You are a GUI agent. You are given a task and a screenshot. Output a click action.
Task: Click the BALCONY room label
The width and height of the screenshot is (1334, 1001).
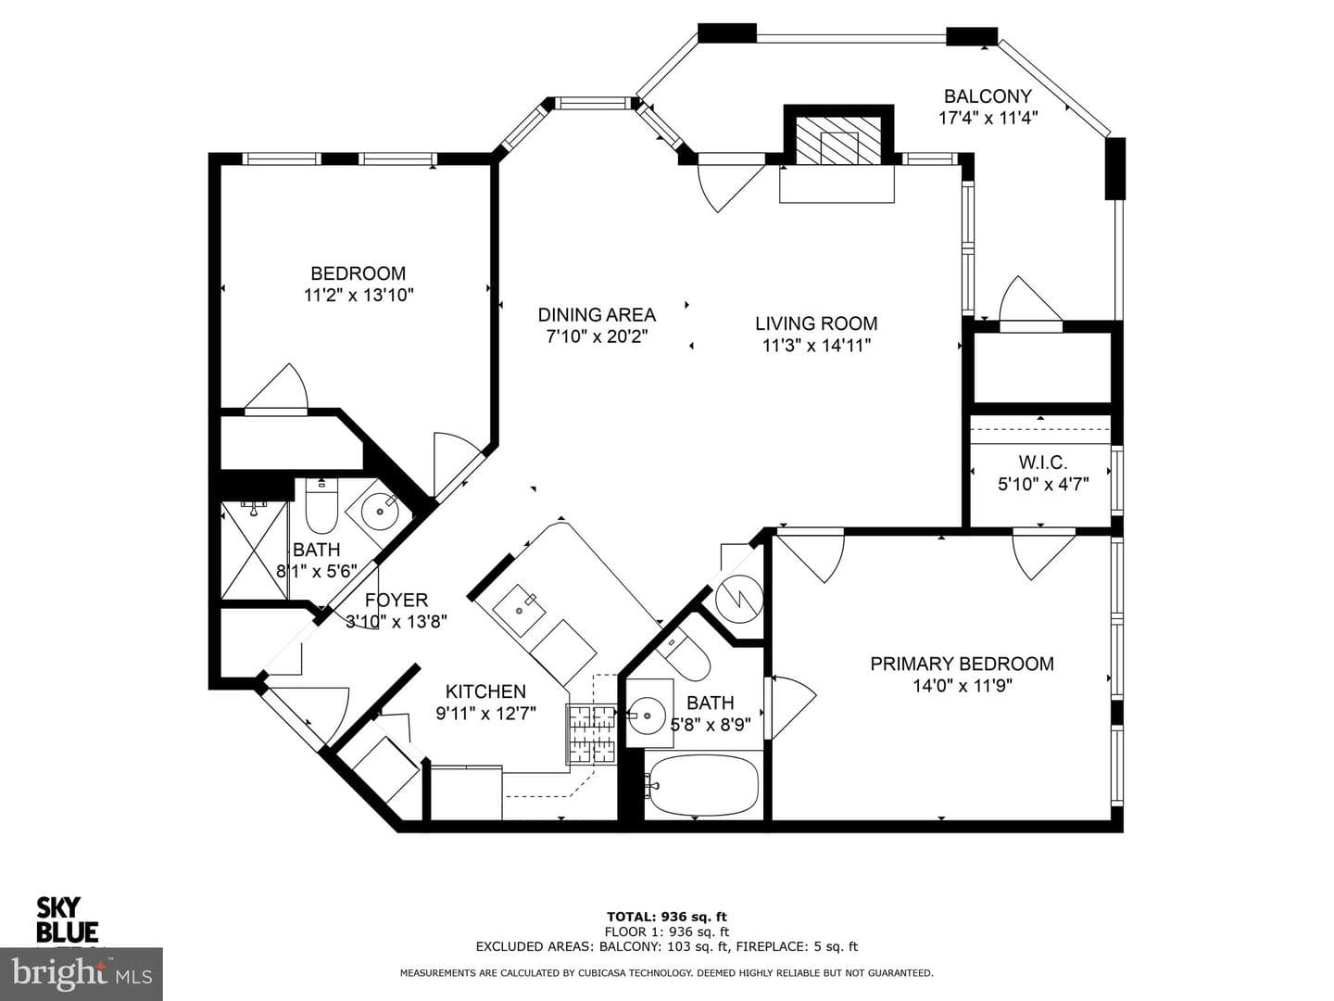pos(988,96)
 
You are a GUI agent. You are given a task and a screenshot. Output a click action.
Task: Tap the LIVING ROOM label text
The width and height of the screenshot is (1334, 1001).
pos(816,323)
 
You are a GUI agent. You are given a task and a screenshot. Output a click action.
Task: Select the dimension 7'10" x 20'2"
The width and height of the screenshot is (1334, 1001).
pos(597,336)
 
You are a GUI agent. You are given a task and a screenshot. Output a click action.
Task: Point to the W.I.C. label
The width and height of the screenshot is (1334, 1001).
pos(1043,462)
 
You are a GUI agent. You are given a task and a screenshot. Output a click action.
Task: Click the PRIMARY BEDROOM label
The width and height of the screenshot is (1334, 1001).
pos(963,664)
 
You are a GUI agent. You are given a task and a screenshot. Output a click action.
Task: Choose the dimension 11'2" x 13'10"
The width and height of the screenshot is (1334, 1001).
pos(359,296)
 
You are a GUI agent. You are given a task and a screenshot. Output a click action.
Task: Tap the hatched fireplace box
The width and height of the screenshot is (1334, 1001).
pos(838,140)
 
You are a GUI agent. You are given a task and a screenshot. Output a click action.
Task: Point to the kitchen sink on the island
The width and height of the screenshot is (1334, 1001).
pos(519,610)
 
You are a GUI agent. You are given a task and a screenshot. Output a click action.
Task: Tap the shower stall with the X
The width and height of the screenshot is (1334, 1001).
pos(254,550)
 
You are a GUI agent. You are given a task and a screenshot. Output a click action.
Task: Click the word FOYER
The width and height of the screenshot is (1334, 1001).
pos(396,600)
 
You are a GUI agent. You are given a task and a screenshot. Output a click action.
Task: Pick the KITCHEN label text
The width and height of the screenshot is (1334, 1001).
pos(485,691)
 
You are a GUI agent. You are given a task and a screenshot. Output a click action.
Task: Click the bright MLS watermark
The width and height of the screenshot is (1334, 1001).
pos(82,974)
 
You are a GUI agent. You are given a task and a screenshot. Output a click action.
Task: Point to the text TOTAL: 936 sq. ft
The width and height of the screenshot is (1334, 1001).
pos(667,917)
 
